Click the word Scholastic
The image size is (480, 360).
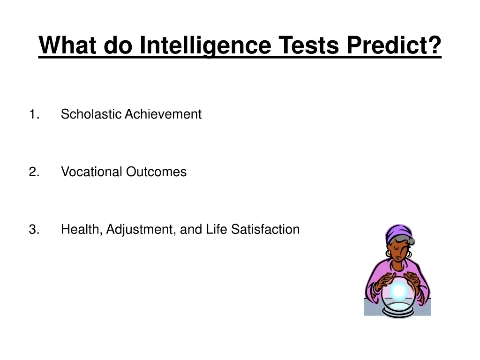point(91,114)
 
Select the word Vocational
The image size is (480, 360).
point(91,172)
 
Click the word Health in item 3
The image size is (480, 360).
point(81,230)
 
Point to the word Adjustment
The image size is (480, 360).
point(140,230)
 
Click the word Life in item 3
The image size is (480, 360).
point(217,230)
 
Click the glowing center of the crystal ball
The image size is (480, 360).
point(398,291)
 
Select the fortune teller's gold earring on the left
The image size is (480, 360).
point(388,253)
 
